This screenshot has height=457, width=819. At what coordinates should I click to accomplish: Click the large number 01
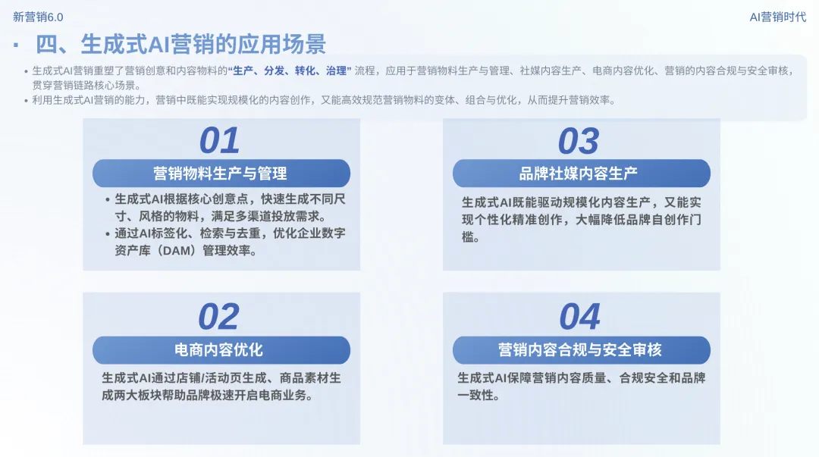tap(219, 141)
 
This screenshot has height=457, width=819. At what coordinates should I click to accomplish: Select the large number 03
tap(579, 141)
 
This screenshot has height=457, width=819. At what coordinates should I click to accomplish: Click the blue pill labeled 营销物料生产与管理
tap(221, 174)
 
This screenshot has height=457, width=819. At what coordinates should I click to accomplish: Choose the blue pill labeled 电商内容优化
tap(221, 350)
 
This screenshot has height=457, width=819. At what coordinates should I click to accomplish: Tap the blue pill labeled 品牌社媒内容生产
tap(581, 174)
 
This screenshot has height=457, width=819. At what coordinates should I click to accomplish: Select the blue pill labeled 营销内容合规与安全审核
tap(581, 350)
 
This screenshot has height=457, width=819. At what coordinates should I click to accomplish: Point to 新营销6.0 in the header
tap(39, 17)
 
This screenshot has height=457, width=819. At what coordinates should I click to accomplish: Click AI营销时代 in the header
tap(777, 17)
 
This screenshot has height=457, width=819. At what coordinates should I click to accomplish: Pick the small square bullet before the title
tap(15, 45)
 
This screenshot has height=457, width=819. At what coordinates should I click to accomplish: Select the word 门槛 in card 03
tap(470, 237)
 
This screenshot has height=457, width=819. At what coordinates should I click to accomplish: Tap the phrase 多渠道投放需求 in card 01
tap(282, 216)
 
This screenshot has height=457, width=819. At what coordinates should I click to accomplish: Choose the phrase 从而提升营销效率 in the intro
tap(562, 100)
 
